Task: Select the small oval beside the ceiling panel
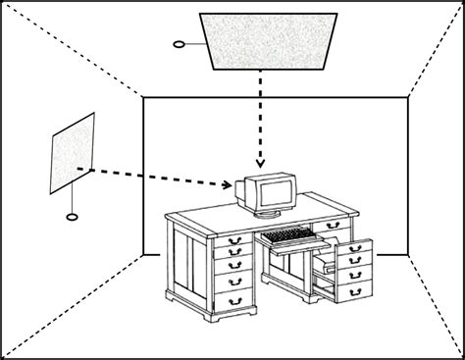[x=179, y=44]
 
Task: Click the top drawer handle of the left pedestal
[x=234, y=240]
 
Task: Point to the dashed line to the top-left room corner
[x=74, y=49]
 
